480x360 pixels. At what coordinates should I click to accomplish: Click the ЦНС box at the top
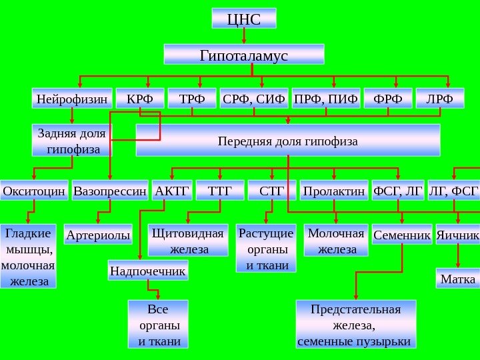tap(243, 19)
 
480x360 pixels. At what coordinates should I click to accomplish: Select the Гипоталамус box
tap(244, 54)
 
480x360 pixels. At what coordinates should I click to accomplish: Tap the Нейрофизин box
tap(71, 99)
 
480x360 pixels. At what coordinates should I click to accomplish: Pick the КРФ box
tap(139, 99)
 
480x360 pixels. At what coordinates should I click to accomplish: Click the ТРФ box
tap(192, 99)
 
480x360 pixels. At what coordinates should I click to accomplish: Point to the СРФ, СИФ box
tap(254, 99)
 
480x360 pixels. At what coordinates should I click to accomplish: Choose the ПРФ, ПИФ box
tap(326, 99)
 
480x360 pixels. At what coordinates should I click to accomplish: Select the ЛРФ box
tap(439, 99)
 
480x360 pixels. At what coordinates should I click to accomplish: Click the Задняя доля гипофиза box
tap(73, 140)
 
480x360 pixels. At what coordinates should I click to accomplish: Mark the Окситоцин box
tap(34, 191)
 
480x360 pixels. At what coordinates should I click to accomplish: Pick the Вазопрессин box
tap(110, 191)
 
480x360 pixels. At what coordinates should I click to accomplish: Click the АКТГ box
tap(172, 191)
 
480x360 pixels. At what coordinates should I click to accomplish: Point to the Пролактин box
tap(334, 191)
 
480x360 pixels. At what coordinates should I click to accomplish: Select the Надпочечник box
tap(148, 271)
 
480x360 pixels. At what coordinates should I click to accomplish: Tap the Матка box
tap(458, 278)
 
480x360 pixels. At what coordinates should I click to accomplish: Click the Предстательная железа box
tap(355, 325)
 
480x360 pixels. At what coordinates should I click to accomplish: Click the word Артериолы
tap(99, 235)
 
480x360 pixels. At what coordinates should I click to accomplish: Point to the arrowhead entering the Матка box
tap(458, 266)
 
